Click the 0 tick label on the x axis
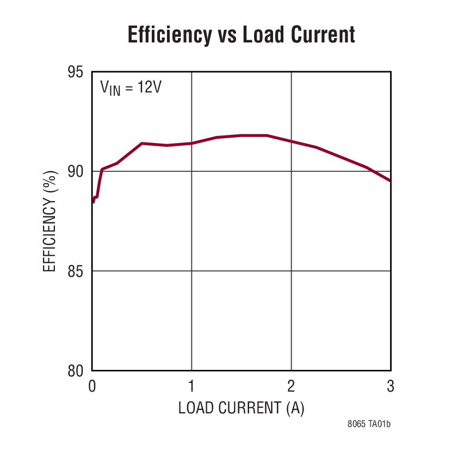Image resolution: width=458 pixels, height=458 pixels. click(92, 387)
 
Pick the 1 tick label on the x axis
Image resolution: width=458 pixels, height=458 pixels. click(191, 387)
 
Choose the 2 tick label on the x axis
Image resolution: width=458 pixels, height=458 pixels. click(291, 387)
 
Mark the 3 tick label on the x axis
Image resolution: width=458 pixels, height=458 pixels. click(391, 387)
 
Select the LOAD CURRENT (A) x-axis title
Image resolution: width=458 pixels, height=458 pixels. click(241, 408)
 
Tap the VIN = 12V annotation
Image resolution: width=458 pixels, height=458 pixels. click(131, 88)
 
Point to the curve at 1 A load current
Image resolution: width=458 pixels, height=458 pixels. click(191, 143)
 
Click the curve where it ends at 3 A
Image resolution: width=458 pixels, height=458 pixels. click(389, 180)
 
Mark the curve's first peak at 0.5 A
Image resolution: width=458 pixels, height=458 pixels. click(142, 143)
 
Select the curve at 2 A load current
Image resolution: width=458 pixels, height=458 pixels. click(291, 141)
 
